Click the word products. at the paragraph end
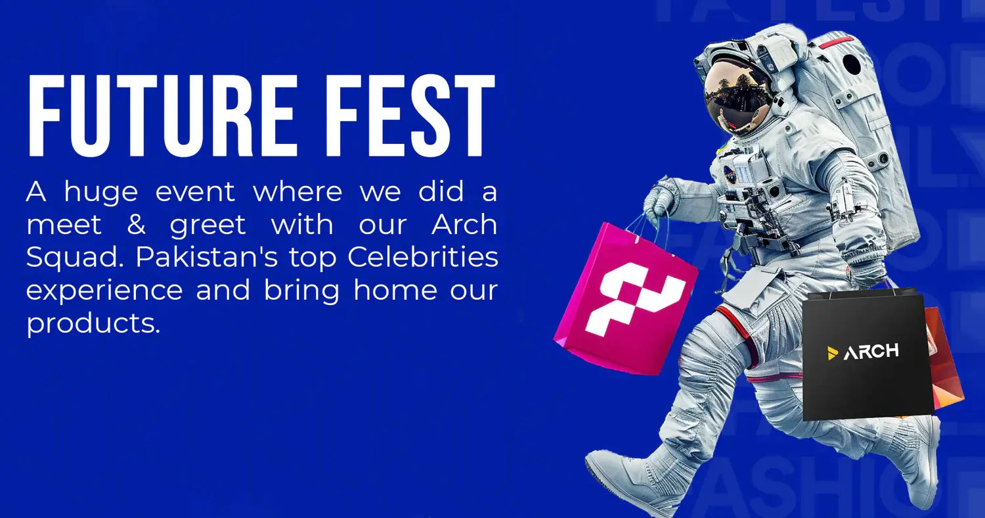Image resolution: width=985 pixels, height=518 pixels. (x=93, y=323)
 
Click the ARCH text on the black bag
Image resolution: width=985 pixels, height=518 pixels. (x=871, y=352)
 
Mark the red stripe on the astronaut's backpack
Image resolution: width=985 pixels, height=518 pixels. (x=838, y=43)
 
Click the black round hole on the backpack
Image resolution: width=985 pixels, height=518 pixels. (x=852, y=64)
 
